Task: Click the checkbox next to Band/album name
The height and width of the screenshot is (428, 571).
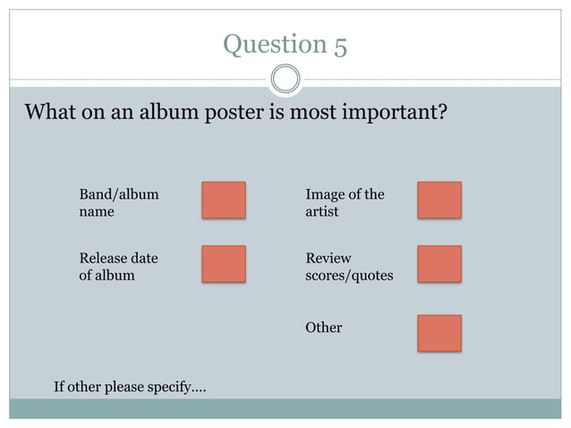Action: coord(223,201)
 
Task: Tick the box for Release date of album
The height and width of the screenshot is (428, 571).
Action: coord(223,264)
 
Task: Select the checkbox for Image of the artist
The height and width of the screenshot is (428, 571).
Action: coord(439,201)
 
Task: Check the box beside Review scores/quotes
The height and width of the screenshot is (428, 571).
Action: coord(439,264)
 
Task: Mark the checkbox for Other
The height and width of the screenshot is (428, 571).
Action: coord(439,332)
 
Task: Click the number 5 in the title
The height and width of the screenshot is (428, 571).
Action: coord(340,45)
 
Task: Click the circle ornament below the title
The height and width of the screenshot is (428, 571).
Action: coord(285,79)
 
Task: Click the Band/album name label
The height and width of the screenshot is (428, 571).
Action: coord(119,203)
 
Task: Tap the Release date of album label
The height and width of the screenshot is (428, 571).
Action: coord(118,267)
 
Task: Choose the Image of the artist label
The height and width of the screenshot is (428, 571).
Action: coord(345,203)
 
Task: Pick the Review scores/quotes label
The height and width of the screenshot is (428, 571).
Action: coord(349,267)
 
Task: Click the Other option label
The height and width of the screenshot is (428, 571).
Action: coord(323,328)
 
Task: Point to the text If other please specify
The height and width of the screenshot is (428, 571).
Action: coord(130,387)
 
